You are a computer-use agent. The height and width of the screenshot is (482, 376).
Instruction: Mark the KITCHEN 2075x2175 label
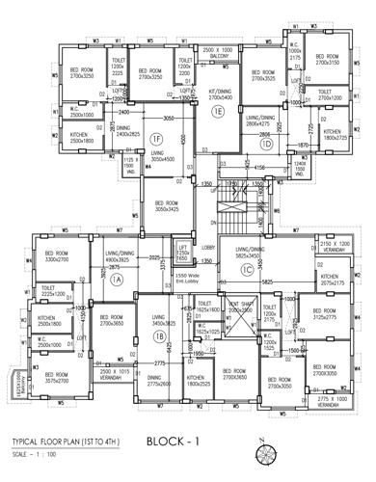(331, 281)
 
